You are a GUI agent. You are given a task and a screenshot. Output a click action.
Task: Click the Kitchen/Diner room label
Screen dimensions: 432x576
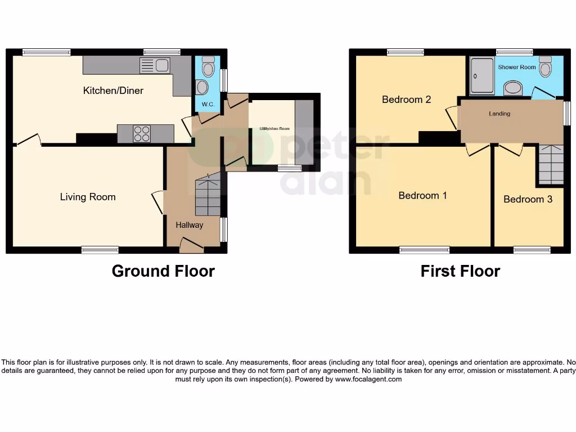coord(113,91)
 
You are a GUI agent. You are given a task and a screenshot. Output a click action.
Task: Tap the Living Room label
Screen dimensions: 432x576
coord(88,197)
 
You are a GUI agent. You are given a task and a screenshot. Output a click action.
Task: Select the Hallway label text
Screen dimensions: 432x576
coord(189,225)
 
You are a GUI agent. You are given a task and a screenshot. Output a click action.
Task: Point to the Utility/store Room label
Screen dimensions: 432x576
coord(274,129)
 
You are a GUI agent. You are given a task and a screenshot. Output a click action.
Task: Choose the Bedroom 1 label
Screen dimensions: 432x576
coord(422,196)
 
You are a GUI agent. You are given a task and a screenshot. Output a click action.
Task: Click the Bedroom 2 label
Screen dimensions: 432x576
coord(406,100)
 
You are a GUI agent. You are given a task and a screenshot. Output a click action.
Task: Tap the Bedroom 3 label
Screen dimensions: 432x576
coord(528,199)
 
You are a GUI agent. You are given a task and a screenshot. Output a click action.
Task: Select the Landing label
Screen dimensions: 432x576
coord(499,114)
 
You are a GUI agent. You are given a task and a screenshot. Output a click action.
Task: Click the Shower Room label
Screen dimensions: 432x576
coord(516,67)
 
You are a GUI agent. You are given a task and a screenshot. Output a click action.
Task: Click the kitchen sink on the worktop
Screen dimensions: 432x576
coord(155,66)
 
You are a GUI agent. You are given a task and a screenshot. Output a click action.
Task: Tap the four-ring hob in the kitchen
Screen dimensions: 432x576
coord(142,133)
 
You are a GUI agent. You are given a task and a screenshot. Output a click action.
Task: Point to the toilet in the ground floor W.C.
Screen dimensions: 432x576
coord(208,67)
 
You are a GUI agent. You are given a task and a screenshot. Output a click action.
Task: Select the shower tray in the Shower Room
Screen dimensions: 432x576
coord(481,76)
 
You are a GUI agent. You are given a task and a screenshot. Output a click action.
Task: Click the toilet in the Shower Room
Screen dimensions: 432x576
coord(544,67)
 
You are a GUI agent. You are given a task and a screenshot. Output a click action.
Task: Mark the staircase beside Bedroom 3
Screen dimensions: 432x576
coord(550,164)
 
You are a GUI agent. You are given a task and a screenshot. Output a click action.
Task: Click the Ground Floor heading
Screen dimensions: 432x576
coord(163,271)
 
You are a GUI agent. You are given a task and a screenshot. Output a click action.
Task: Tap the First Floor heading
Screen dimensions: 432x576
coord(460,271)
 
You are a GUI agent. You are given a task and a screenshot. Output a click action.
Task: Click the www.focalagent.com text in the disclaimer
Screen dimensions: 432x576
coord(368,379)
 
